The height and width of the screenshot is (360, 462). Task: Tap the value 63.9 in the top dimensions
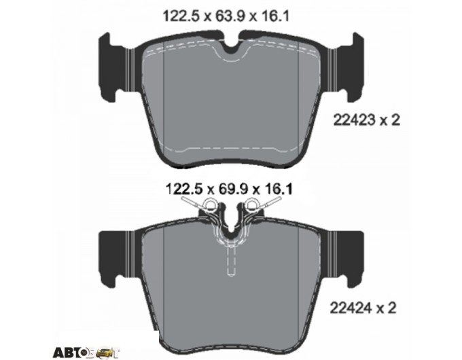pyautogui.click(x=226, y=16)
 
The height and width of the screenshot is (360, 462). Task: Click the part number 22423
pyautogui.click(x=354, y=120)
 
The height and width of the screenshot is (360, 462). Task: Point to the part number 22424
pyautogui.click(x=351, y=308)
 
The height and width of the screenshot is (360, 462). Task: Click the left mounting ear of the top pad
pyautogui.click(x=113, y=67)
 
